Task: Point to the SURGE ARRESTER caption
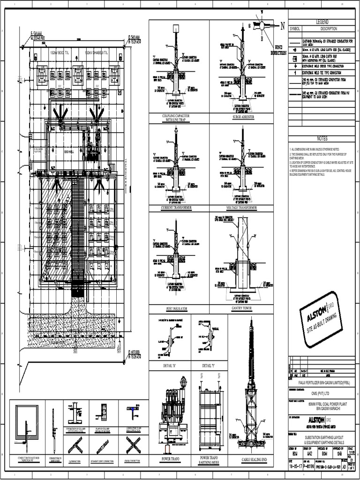coord(243,117)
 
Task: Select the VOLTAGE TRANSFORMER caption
coord(241,207)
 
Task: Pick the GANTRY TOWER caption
coord(242,309)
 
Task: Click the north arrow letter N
coord(282,26)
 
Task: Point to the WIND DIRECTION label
coord(278,50)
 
